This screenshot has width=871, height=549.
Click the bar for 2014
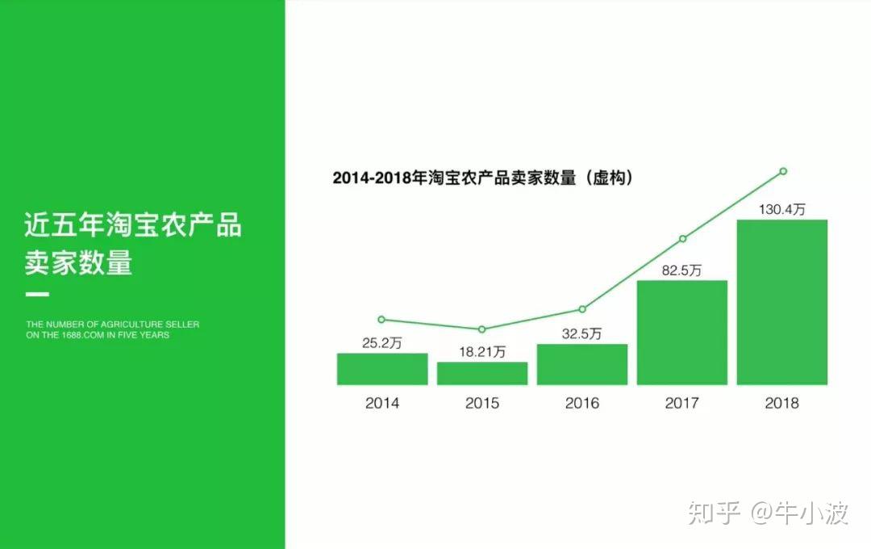pyautogui.click(x=382, y=369)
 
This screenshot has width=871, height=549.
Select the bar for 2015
pyautogui.click(x=482, y=373)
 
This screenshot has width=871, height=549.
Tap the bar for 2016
pyautogui.click(x=582, y=364)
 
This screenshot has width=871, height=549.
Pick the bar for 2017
pyautogui.click(x=682, y=333)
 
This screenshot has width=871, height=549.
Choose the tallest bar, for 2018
pyautogui.click(x=782, y=302)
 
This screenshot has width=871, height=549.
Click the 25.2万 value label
pyautogui.click(x=381, y=343)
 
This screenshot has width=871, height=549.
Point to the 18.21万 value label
pyautogui.click(x=482, y=352)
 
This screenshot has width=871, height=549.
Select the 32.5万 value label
pyautogui.click(x=581, y=333)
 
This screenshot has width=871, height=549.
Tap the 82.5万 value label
pyautogui.click(x=681, y=270)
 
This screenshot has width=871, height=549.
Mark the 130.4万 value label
pyautogui.click(x=781, y=210)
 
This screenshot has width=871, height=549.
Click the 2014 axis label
pyautogui.click(x=382, y=403)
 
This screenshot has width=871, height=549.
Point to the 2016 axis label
pyautogui.click(x=582, y=403)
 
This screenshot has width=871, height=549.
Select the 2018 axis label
pyautogui.click(x=782, y=403)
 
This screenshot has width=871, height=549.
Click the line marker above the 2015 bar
pyautogui.click(x=481, y=329)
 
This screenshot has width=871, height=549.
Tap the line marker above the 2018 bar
pyautogui.click(x=783, y=171)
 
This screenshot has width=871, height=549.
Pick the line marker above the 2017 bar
pyautogui.click(x=683, y=239)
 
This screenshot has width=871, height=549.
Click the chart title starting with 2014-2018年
pyautogui.click(x=483, y=178)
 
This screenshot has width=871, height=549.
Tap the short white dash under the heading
pyautogui.click(x=37, y=294)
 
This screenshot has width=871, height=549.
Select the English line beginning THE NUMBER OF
pyautogui.click(x=112, y=325)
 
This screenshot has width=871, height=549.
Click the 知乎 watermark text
pyautogui.click(x=715, y=513)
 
